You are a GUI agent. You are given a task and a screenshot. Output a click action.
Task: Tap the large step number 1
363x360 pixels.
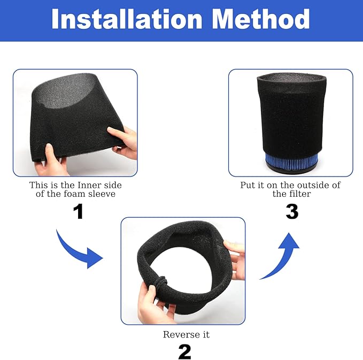click(x=78, y=211)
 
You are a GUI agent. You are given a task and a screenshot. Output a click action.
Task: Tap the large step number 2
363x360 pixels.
click(x=184, y=351)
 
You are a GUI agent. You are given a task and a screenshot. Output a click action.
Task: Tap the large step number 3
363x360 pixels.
click(x=291, y=211)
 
